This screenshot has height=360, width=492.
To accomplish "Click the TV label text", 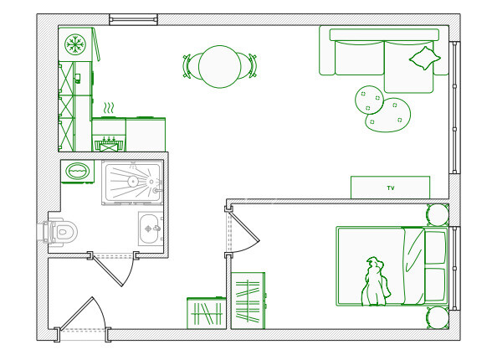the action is [x=390, y=188].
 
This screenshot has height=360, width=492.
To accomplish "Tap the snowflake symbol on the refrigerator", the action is [x=75, y=44].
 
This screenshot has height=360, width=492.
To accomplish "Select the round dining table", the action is [x=219, y=66].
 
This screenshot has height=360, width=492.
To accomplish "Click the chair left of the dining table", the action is [x=191, y=66].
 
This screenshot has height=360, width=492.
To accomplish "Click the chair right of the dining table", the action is [x=249, y=65].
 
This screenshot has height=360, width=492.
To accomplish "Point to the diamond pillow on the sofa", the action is [x=425, y=59].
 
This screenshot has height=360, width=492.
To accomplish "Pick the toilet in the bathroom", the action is [x=58, y=232].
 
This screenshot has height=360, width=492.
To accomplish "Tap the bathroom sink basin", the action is [x=149, y=229].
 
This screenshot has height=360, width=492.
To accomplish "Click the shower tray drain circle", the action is [x=133, y=182].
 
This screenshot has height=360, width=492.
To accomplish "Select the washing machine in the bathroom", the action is [x=77, y=172].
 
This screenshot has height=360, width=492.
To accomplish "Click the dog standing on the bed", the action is [x=375, y=282].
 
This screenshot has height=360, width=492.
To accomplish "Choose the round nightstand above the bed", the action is [x=438, y=215].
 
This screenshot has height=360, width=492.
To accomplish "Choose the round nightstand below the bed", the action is [x=438, y=317].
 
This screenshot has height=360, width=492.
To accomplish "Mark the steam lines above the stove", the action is [x=109, y=108].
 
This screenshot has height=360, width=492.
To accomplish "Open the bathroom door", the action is [x=113, y=270].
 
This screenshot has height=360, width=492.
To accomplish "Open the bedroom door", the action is [x=243, y=229].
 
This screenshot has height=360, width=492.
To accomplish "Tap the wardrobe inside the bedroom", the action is [x=248, y=301].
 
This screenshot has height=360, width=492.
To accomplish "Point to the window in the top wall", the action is [x=133, y=19].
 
